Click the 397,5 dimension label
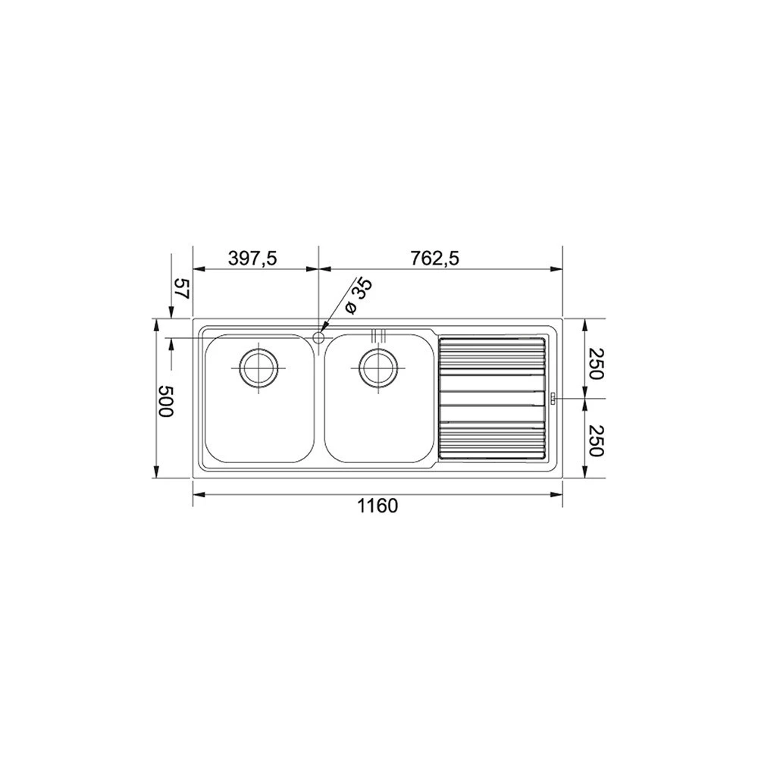pyautogui.click(x=252, y=259)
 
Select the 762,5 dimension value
pyautogui.click(x=434, y=259)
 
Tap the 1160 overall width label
pyautogui.click(x=377, y=506)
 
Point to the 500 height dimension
pyautogui.click(x=165, y=401)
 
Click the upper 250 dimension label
pyautogui.click(x=597, y=364)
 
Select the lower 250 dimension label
pyautogui.click(x=597, y=440)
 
